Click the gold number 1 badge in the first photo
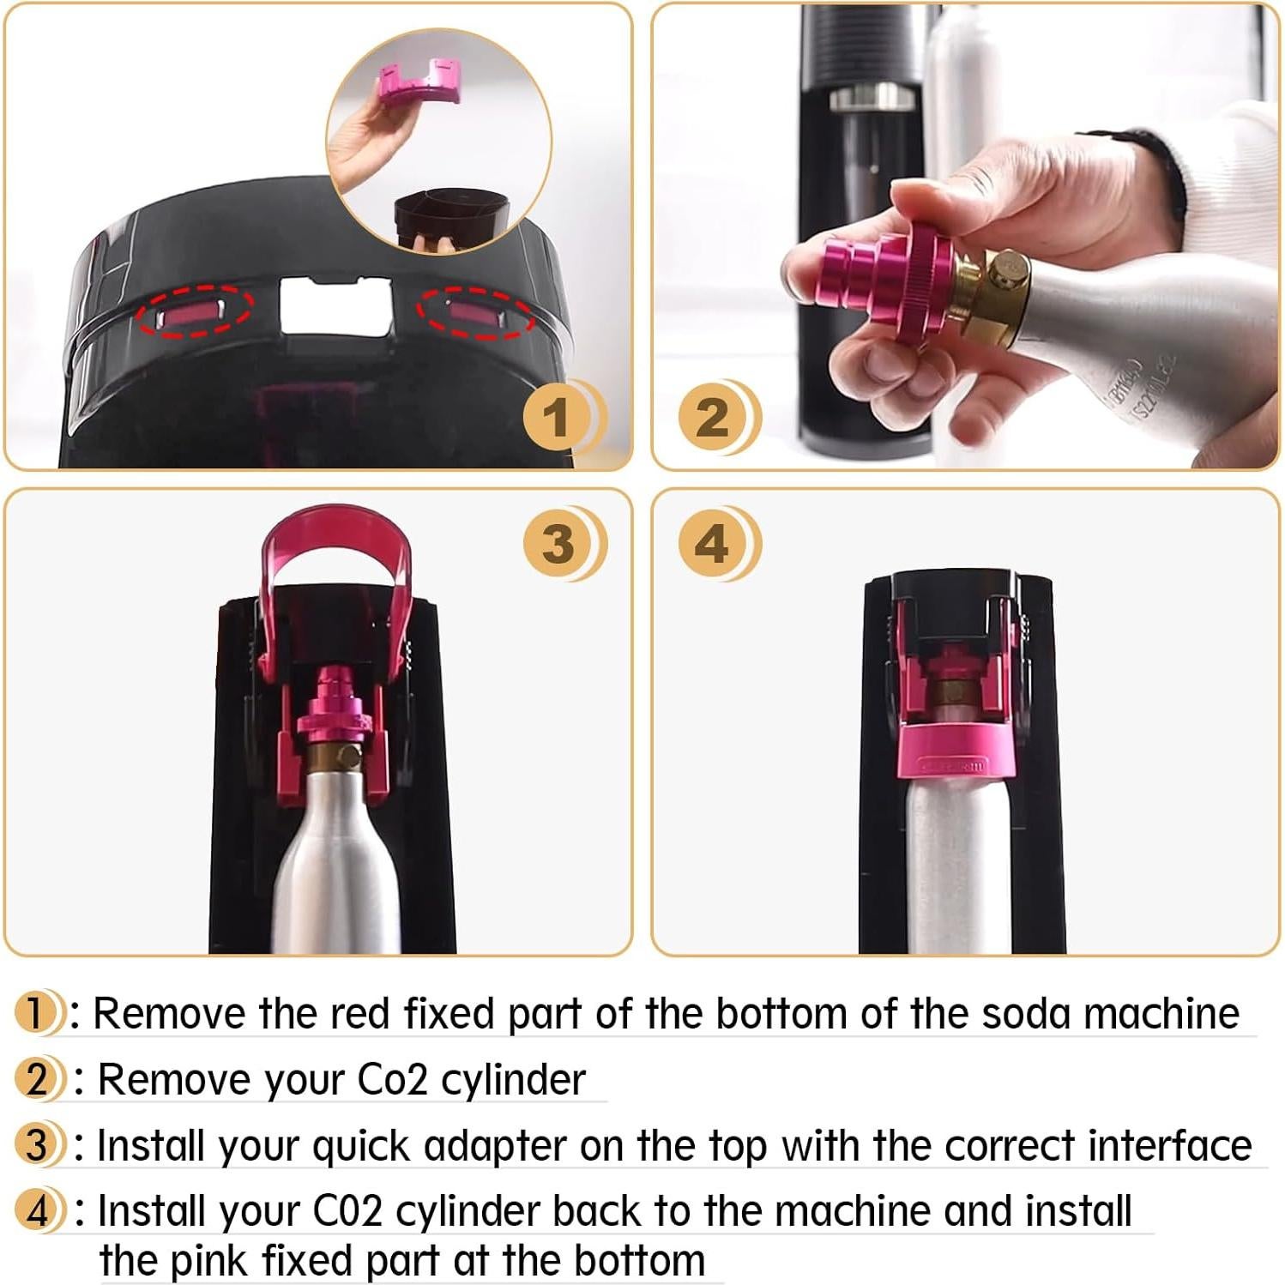(x=558, y=418)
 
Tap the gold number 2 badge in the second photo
(x=713, y=418)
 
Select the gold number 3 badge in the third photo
(x=558, y=544)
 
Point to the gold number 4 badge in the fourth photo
(x=713, y=544)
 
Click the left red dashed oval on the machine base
(x=195, y=312)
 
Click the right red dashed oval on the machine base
(x=474, y=314)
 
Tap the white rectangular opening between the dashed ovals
(x=335, y=307)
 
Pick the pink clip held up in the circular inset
(x=419, y=81)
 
